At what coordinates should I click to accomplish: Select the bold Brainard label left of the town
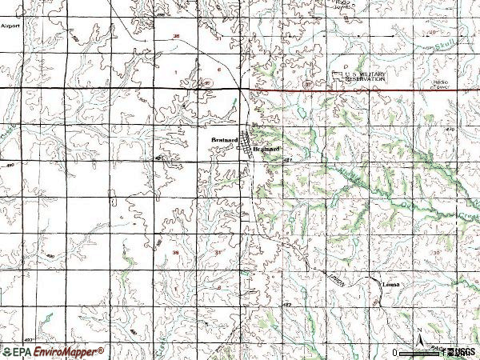(225, 141)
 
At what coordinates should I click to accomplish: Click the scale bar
(424, 350)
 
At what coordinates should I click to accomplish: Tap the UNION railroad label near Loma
(334, 276)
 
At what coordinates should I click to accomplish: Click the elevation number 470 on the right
(449, 129)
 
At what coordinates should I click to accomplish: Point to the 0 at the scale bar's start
(395, 352)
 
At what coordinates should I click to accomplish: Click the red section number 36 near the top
(176, 37)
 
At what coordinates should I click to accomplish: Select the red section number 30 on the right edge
(437, 252)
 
